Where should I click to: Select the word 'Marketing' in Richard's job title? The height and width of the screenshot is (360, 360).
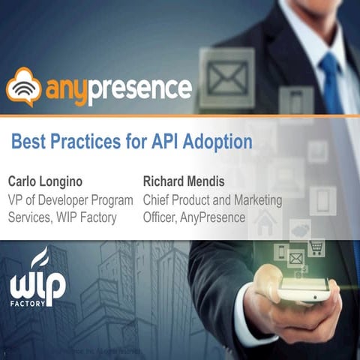tap(247, 200)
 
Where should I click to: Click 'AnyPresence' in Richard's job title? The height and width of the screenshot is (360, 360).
tap(213, 217)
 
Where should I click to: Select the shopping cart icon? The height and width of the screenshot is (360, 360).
tap(316, 247)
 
